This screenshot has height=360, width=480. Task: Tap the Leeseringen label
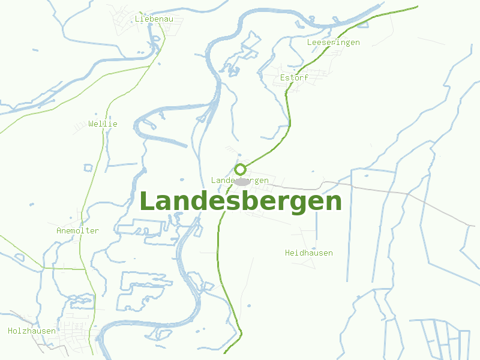point(333,42)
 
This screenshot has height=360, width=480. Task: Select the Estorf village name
point(294,78)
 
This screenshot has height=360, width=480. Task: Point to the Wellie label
point(103,124)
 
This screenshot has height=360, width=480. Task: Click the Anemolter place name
point(77,230)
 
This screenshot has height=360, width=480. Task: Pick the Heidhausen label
point(308,253)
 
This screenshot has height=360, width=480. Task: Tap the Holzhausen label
point(32,331)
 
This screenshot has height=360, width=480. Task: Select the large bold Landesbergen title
point(240,202)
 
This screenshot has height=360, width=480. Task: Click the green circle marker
point(241,169)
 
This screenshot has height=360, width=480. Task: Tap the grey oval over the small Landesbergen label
point(242,181)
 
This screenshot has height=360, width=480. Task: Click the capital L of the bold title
point(146,201)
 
